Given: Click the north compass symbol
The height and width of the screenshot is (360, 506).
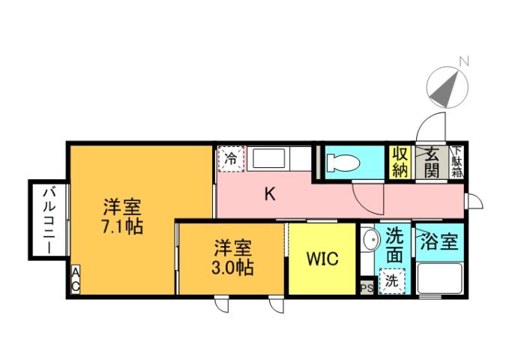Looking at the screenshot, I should [x=448, y=88].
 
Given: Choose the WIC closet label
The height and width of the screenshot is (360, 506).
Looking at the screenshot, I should [x=322, y=259].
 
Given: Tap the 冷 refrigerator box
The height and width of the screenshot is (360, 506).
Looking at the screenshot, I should [x=232, y=159].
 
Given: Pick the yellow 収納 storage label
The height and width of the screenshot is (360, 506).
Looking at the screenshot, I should [x=399, y=161].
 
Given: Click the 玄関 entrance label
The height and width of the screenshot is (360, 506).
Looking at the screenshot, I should [x=432, y=161].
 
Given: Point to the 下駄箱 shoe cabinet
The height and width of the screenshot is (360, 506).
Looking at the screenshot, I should [x=457, y=161].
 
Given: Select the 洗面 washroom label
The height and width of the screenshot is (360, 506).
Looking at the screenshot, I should [x=394, y=246].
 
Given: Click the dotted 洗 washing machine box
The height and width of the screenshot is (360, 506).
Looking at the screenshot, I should [x=392, y=283].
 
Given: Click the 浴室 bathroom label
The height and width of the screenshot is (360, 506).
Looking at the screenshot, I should [x=438, y=242].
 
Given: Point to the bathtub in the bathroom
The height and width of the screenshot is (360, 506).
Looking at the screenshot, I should [x=439, y=279].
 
